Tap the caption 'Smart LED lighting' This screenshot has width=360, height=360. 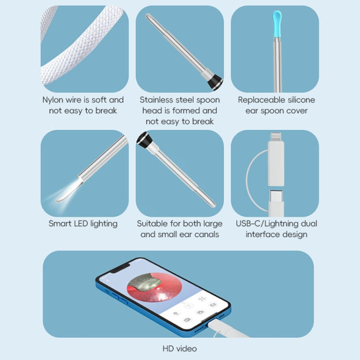point(83,224)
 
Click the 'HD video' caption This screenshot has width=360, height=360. point(180,348)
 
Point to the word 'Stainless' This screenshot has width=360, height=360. point(157,100)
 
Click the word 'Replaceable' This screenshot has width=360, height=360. point(262,100)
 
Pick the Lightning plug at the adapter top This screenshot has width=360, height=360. point(275,137)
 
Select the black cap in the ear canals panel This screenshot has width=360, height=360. point(144,140)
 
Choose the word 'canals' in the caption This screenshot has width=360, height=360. point(205,234)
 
